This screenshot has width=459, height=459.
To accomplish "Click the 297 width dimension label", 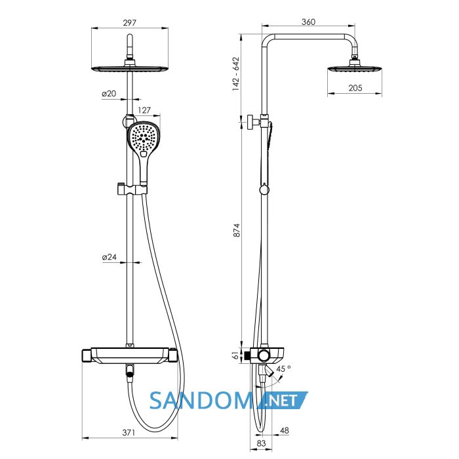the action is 129,22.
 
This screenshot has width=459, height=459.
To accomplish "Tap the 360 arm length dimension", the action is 308,22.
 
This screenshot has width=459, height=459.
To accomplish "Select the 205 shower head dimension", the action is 355,88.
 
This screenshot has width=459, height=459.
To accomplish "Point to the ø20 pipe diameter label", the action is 110,94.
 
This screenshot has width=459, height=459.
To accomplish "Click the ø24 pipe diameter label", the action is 110,257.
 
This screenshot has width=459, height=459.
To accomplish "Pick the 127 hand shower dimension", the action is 144,110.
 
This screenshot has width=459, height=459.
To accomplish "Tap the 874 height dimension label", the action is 236,230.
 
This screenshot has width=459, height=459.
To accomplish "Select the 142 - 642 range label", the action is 236,73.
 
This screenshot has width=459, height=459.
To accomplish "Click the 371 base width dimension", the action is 129,432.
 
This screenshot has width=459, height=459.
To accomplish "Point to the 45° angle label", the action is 283,369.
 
